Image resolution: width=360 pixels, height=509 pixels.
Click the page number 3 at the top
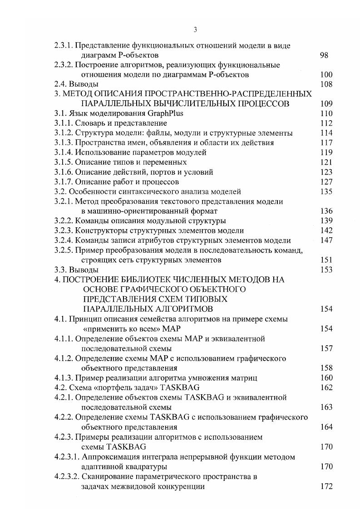195,30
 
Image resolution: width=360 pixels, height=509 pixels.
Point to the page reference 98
324,55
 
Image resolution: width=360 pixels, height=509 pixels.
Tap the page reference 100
326,74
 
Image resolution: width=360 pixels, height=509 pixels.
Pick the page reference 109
326,103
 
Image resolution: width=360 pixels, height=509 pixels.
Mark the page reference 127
326,181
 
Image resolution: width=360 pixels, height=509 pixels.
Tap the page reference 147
326,240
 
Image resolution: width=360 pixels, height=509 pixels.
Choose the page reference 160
326,377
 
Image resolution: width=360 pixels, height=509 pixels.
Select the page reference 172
326,486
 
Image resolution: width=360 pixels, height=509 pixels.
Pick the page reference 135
326,191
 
